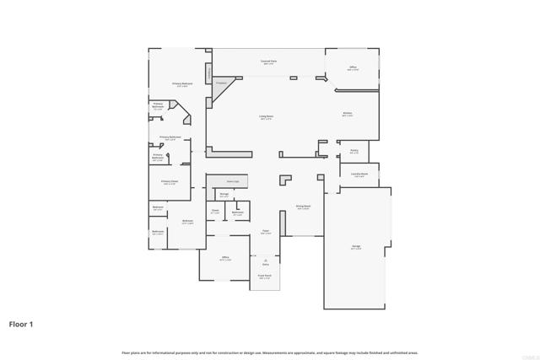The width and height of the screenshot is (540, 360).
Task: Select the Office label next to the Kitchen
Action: pos(353,67)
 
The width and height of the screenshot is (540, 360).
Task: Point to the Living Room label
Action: pos(266,117)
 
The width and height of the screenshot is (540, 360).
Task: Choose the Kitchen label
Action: pos(347,114)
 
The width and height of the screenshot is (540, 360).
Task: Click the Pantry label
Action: pos(354,152)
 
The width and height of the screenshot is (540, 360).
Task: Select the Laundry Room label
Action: pos(359,175)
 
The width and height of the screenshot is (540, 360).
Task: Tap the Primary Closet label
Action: pos(170,181)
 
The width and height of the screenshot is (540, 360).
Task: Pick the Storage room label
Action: pos(224,196)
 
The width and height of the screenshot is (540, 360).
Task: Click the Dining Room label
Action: pos(303,207)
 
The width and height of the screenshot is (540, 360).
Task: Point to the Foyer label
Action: pos(265,232)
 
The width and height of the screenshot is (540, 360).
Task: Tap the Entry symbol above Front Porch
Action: pos(265,261)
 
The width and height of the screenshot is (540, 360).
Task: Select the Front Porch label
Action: pos(264,277)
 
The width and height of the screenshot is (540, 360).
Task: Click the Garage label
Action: pos(356,247)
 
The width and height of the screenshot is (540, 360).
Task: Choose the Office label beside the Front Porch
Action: pos(225,258)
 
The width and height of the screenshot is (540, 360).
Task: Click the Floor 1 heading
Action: pos(22,323)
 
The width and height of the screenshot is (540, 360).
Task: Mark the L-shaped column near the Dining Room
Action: pos(286,182)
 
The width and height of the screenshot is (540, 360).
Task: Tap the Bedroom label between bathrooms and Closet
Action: pos(187,222)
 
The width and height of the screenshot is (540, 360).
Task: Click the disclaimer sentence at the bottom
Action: pos(269,352)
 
